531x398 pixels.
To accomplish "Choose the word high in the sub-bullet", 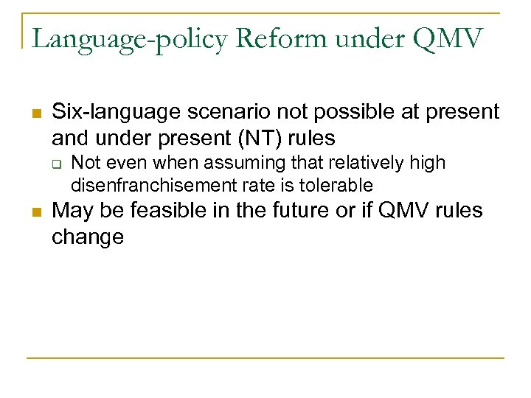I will (430, 163).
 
